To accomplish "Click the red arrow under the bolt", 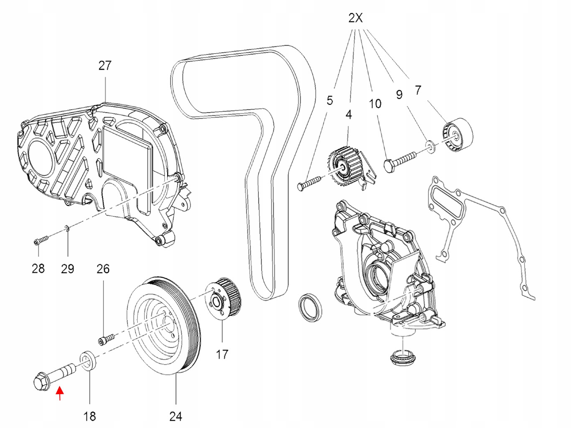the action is click(x=60, y=393).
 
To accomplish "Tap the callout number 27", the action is click(x=105, y=66).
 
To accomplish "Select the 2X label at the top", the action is click(x=355, y=18).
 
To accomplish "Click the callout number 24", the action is click(x=176, y=417).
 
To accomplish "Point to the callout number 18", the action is click(x=90, y=417).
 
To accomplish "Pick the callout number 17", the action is click(x=222, y=354).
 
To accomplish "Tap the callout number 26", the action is click(x=103, y=269).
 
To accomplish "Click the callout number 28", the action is click(x=38, y=268).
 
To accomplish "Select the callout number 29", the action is click(x=68, y=268).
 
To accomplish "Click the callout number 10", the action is click(x=375, y=104).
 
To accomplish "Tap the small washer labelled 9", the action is click(x=431, y=146).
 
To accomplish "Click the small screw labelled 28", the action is click(x=41, y=240).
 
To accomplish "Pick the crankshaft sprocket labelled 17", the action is click(x=223, y=300).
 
